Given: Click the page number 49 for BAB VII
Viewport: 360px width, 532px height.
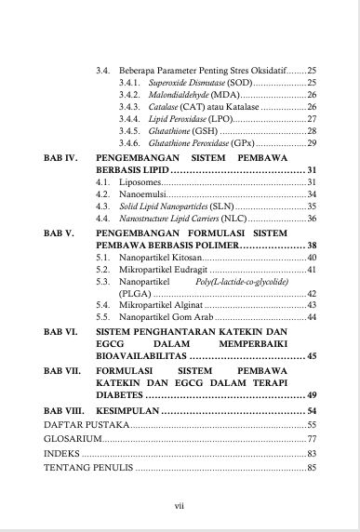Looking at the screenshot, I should click(x=312, y=419).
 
